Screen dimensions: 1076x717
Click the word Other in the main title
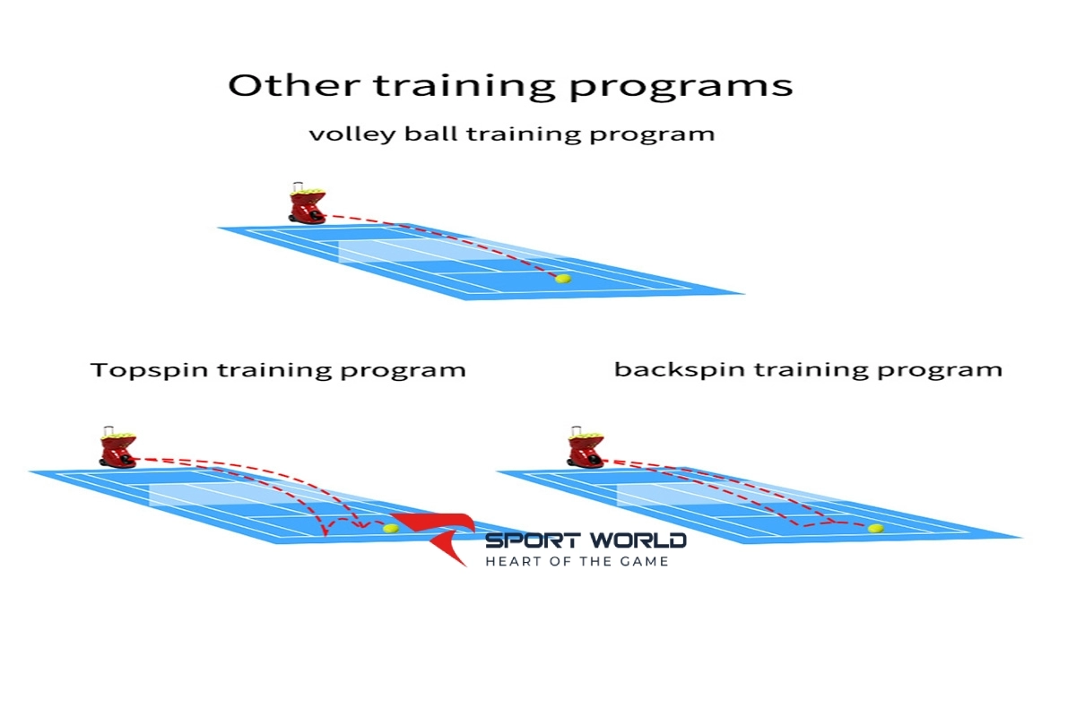click(x=294, y=85)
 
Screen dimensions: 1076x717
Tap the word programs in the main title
click(x=681, y=89)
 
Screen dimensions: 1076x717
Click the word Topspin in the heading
click(x=149, y=370)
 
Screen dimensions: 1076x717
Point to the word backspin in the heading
click(x=680, y=369)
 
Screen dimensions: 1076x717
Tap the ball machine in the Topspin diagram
click(x=117, y=447)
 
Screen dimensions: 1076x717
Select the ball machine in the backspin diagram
click(x=585, y=447)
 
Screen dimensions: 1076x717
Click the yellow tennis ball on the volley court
click(x=563, y=279)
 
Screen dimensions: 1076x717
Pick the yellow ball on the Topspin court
click(x=391, y=528)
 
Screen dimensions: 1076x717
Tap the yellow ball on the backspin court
click(x=876, y=528)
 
